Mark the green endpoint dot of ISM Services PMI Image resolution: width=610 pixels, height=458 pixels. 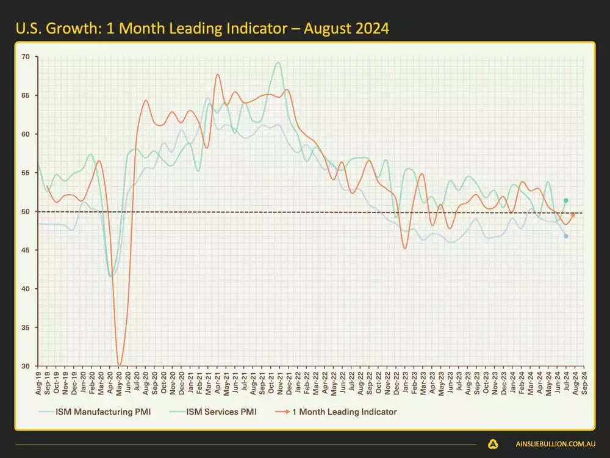coord(566,200)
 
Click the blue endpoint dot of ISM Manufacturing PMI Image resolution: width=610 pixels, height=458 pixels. coord(566,236)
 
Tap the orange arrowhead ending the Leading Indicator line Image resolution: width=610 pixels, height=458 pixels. coord(573,214)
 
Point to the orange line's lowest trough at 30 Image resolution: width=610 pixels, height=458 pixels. coord(120,366)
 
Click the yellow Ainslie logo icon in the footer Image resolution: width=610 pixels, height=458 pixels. coord(493,445)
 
